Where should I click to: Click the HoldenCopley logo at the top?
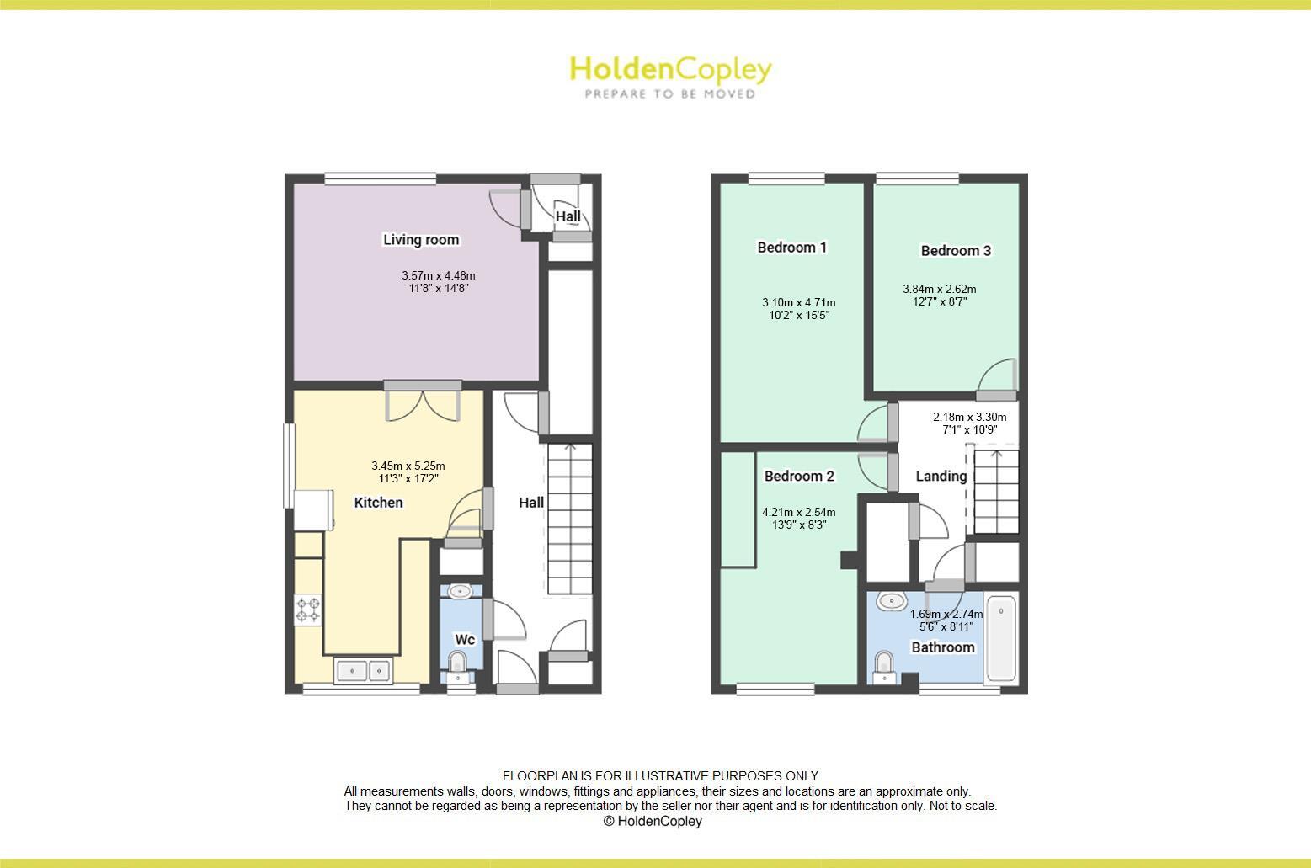670,75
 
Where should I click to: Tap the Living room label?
421,240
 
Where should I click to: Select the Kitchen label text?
378,503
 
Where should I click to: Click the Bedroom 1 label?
791,248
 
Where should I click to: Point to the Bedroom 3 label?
956,251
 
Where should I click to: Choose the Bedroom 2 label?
799,477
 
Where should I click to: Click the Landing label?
941,477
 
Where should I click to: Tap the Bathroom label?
943,647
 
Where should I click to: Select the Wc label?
465,640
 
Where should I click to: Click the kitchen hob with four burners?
307,610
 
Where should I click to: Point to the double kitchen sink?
363,671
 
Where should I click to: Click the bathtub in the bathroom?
1001,638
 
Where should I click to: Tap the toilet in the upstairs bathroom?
883,665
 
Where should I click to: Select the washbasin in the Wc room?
460,591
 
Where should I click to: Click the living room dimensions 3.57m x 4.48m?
438,282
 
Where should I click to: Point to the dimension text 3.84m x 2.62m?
939,296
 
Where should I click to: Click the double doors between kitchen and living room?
423,401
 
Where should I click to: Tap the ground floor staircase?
571,519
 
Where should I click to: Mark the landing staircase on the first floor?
996,492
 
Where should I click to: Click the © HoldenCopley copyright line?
653,822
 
